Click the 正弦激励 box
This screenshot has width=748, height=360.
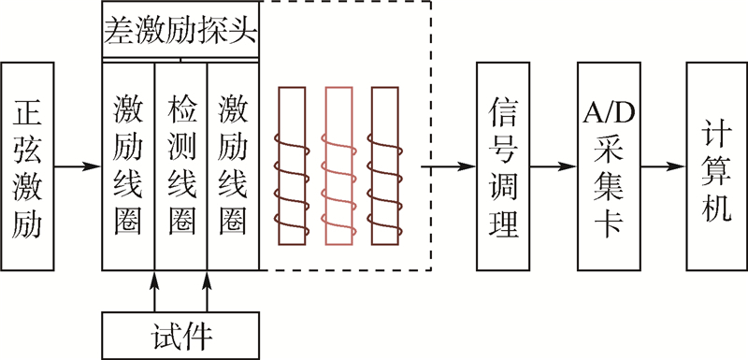click(29, 167)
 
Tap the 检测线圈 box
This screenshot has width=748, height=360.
click(180, 167)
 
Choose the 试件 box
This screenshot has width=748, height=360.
click(180, 333)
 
